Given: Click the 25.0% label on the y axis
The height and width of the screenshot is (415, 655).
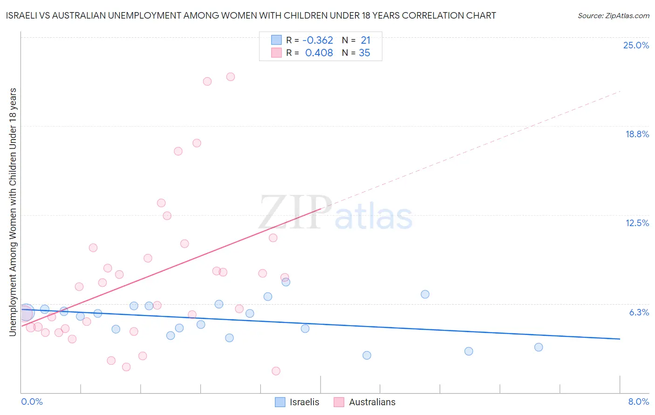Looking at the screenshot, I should [636, 45].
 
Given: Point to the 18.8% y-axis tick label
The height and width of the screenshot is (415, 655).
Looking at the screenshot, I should [637, 134].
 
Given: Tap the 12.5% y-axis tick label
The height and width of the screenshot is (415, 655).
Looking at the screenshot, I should [637, 223].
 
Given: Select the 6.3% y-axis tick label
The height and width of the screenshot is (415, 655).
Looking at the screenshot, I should [639, 312].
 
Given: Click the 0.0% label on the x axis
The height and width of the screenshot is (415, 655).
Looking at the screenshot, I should [32, 402].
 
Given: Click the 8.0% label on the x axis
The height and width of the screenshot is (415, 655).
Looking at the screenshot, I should [638, 402].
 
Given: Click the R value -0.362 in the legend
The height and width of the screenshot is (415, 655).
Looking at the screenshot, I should [318, 40].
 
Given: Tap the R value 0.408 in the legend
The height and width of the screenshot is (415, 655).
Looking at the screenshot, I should [319, 53].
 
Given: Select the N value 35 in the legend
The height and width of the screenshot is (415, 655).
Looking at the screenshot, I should [364, 53].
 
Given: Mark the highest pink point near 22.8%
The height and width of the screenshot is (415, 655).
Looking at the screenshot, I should [231, 77].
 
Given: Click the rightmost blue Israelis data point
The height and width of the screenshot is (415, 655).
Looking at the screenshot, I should [539, 347].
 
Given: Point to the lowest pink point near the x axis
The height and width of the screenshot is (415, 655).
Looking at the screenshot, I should [276, 371].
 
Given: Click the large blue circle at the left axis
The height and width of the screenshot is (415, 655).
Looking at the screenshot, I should [26, 312].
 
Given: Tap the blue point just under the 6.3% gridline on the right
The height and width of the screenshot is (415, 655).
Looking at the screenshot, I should [425, 294].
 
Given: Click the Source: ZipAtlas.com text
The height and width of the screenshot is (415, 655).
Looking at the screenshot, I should [613, 16].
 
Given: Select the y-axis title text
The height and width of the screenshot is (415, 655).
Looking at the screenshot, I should [13, 212].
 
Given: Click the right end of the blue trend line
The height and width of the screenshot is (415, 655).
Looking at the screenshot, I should [620, 339].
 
